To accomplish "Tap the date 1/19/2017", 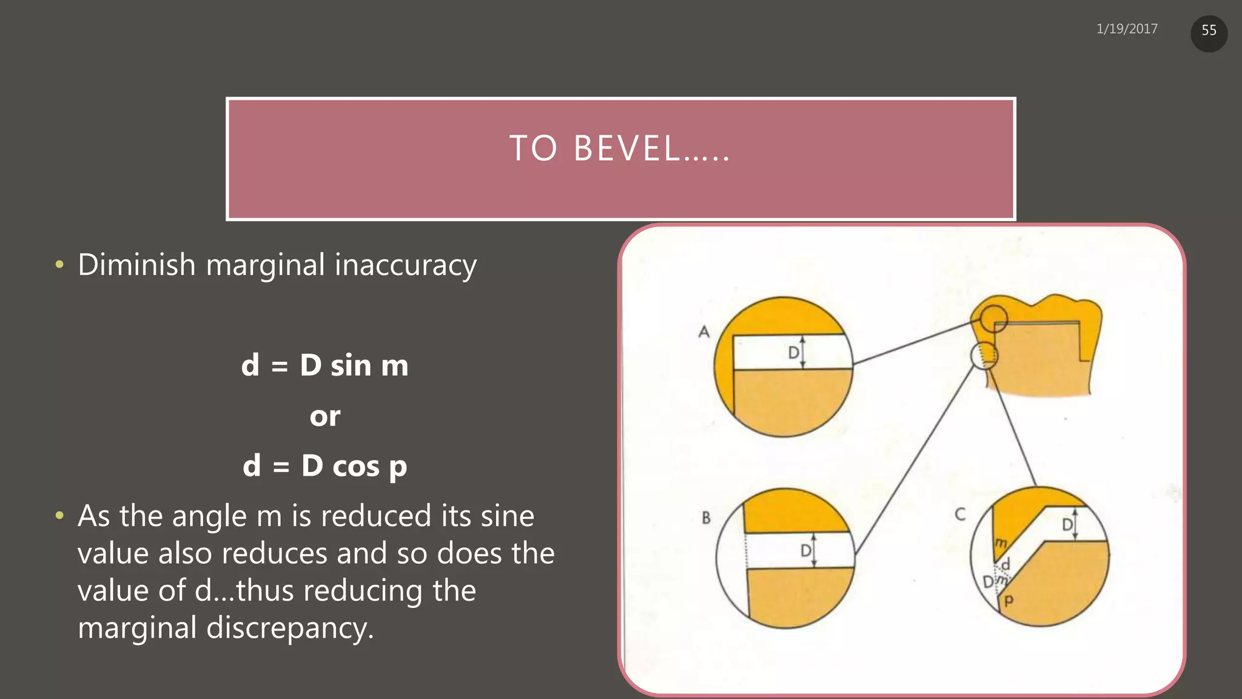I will (1127, 29).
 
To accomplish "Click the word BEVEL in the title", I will (628, 149).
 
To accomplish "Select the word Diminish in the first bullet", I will (136, 265).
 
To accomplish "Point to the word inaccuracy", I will (406, 265).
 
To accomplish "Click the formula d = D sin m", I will (325, 365).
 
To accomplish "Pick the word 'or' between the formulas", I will (325, 416).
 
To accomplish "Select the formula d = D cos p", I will (325, 466).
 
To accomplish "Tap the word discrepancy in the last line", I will (290, 627).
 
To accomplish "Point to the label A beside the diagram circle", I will (703, 331).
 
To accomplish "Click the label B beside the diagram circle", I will (706, 518).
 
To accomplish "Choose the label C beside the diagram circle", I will (960, 515).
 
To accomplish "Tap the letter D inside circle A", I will (793, 353).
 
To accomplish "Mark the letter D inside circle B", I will (806, 551).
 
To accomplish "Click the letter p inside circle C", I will (1009, 601).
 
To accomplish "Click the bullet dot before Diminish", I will (59, 265).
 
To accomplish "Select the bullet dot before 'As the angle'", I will (59, 516).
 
